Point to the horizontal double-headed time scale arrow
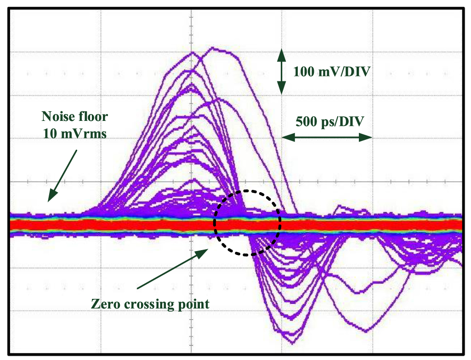pos(326,137)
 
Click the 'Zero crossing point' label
pos(150,303)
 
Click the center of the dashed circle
pos(248,223)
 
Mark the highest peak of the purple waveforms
pos(212,47)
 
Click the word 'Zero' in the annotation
pos(104,303)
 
